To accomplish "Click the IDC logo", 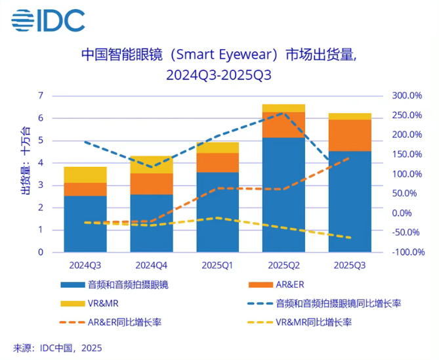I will [x=48, y=21].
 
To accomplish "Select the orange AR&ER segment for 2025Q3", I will [x=350, y=135].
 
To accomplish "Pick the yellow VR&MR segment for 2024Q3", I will [x=85, y=175].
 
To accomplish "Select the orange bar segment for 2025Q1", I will [x=217, y=162].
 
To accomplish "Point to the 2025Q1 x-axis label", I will [x=217, y=265].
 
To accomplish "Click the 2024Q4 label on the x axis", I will [x=151, y=265].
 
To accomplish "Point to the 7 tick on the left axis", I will [x=40, y=96].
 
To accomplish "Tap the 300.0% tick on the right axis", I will [x=406, y=96].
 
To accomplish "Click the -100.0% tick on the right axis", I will [x=406, y=252].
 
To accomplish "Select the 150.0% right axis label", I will [x=406, y=154].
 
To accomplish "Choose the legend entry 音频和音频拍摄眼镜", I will [x=114, y=285].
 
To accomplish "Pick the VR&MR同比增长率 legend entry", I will [x=308, y=323].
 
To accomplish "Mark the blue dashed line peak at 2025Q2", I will [x=282, y=113].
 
